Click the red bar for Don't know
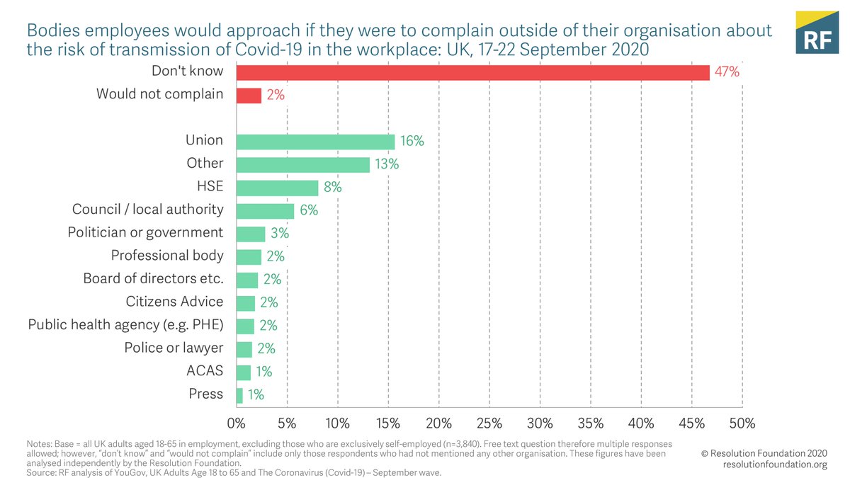(x=472, y=72)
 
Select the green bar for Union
(x=315, y=142)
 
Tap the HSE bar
(x=277, y=188)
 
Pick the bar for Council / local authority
(x=265, y=210)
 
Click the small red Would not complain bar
(x=249, y=95)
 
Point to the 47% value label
(x=727, y=72)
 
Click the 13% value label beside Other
(x=387, y=164)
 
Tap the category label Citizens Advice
(x=174, y=302)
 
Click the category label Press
(x=206, y=394)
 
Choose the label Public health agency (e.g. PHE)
(x=125, y=325)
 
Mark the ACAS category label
(x=205, y=371)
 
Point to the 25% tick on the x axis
(x=489, y=423)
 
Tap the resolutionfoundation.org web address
(x=775, y=465)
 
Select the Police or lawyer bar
(x=244, y=348)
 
